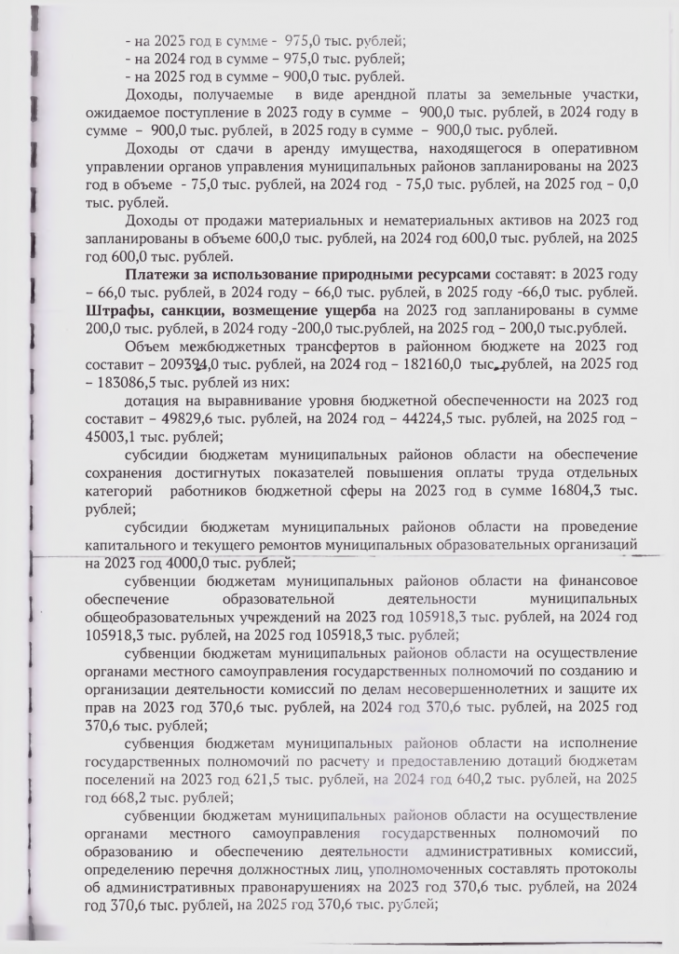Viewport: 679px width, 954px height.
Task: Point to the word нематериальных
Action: pyautogui.click(x=409, y=220)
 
